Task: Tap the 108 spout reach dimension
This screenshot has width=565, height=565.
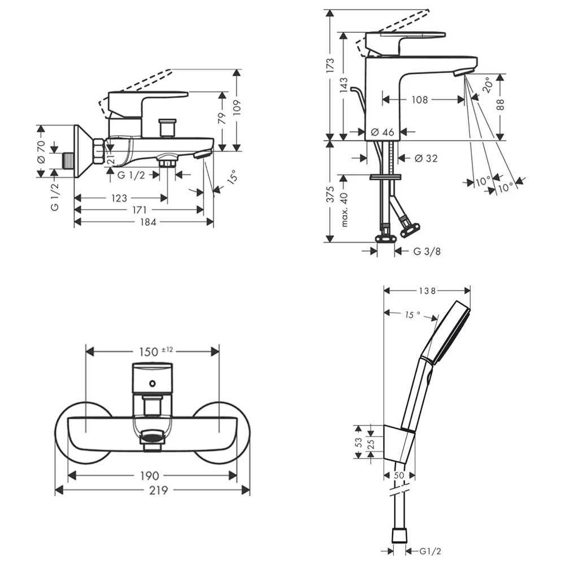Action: (x=419, y=100)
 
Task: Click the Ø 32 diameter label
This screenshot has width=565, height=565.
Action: (x=425, y=158)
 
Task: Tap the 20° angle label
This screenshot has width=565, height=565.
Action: (x=486, y=85)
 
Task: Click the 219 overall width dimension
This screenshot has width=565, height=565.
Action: (x=153, y=490)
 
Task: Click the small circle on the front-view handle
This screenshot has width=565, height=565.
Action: (x=151, y=384)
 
